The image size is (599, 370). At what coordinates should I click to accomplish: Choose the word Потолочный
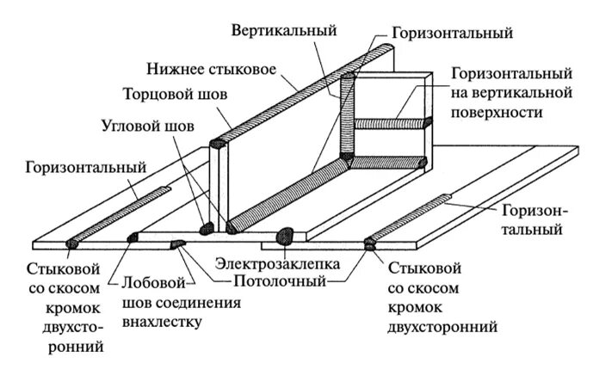275,281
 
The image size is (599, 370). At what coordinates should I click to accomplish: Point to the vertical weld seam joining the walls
348,116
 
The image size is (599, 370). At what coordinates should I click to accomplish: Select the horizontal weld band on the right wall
392,124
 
